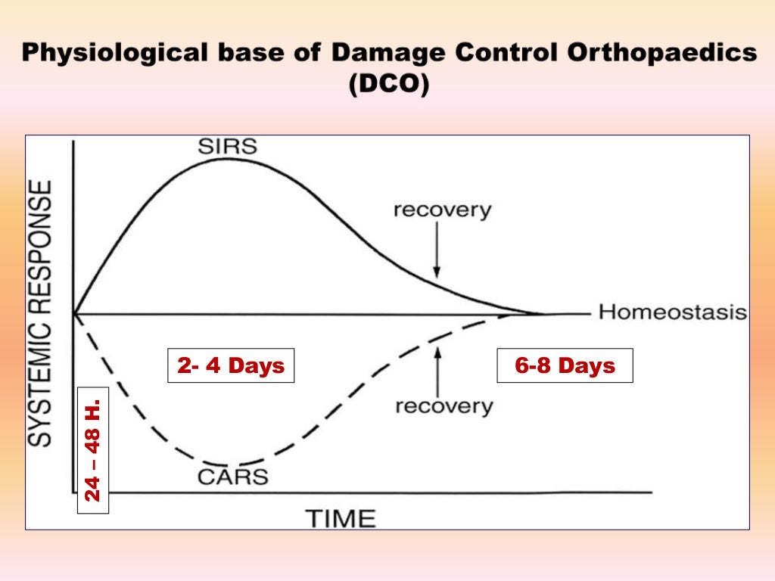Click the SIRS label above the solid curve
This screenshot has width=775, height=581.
[x=228, y=145]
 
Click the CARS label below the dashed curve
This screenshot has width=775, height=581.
[x=233, y=477]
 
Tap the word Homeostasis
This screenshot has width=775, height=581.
[x=673, y=312]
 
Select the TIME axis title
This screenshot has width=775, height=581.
[x=340, y=518]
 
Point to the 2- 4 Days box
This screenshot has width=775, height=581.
[x=231, y=366]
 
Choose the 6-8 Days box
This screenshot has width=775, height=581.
[x=565, y=366]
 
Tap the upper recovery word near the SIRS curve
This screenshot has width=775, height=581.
[x=442, y=210]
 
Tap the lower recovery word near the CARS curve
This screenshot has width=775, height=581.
[x=444, y=406]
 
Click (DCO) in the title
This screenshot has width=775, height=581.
[x=388, y=83]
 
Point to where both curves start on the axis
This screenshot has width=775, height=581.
[x=74, y=312]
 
